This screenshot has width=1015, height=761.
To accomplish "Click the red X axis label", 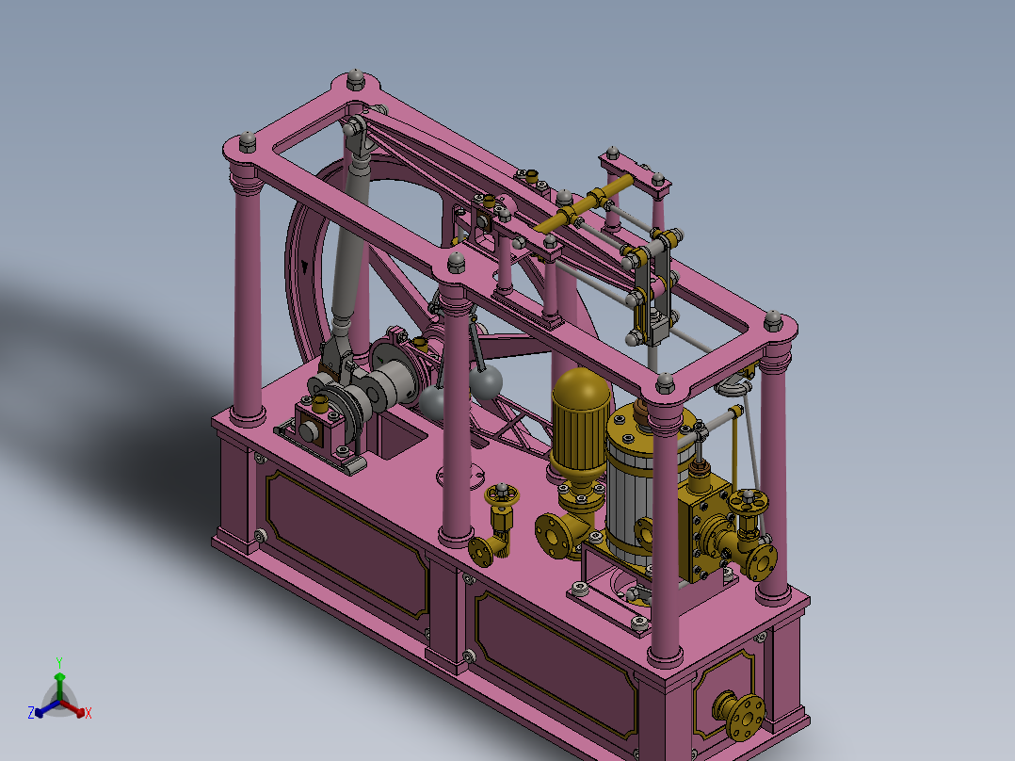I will pos(89,714).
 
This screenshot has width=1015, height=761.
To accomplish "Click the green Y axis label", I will pos(58,662).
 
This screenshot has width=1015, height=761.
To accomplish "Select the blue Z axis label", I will pos(31,713).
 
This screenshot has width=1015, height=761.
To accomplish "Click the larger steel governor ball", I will pos(486,381).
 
